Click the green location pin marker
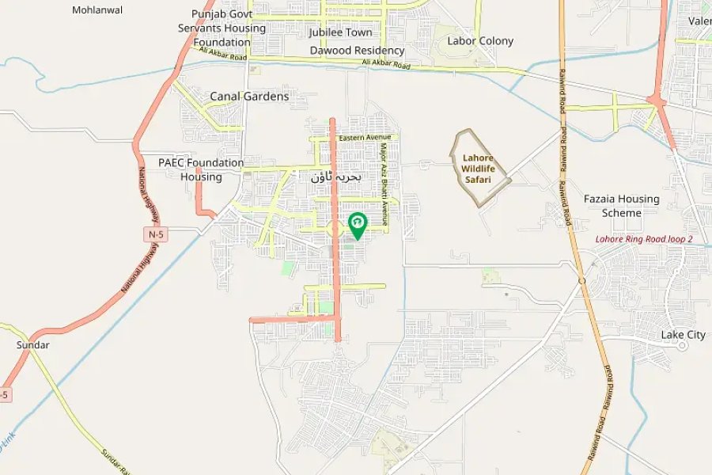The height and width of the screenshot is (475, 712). (x=358, y=225)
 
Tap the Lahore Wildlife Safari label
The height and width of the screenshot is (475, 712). (x=478, y=169)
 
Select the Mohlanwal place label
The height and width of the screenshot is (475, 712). (x=97, y=10)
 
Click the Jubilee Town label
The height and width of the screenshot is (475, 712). (x=340, y=32)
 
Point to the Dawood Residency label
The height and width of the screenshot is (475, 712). (x=357, y=50)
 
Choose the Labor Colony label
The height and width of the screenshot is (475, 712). (x=480, y=40)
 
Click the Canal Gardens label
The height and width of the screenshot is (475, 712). (x=249, y=97)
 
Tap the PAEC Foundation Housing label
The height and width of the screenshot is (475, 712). (x=201, y=169)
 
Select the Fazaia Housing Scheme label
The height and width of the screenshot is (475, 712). (x=621, y=206)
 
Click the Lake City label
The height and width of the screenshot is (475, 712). (x=684, y=335)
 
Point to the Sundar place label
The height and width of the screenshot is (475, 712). (x=33, y=345)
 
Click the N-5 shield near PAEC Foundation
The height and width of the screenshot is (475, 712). (x=156, y=235)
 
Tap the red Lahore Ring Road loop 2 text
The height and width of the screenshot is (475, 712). (x=644, y=239)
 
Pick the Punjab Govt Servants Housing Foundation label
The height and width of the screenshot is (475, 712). (x=222, y=28)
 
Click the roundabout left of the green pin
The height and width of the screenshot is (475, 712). (x=334, y=230)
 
